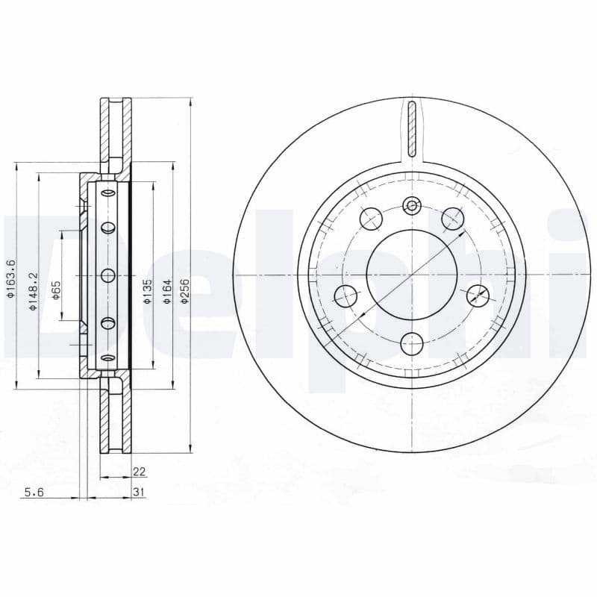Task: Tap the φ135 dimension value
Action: click(148, 291)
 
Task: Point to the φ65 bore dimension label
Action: click(57, 291)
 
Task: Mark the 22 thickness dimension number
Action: click(140, 472)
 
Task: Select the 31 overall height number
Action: click(140, 491)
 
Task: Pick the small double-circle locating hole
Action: click(411, 205)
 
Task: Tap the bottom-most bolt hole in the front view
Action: click(411, 344)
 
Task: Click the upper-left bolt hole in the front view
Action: click(371, 218)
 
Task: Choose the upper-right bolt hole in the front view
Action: click(452, 218)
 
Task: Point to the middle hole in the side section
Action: click(107, 275)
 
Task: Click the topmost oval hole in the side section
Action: click(107, 193)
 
